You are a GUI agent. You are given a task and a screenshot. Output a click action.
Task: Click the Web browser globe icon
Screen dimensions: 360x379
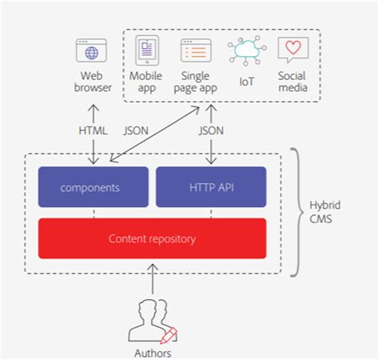coord(92,50)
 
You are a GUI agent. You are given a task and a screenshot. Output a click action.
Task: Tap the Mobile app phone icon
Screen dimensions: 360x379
coord(146,50)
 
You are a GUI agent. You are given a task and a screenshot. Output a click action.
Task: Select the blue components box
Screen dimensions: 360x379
coord(94,187)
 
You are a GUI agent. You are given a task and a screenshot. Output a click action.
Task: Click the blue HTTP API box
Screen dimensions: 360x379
coord(210,187)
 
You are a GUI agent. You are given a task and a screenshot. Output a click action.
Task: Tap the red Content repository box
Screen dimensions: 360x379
coord(152,238)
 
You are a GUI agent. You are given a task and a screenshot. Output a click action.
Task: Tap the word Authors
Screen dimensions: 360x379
coord(152,352)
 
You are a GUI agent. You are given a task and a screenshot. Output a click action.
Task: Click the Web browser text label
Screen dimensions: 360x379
coord(92,82)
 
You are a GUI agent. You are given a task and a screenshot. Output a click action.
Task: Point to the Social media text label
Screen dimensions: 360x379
coord(292,82)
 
